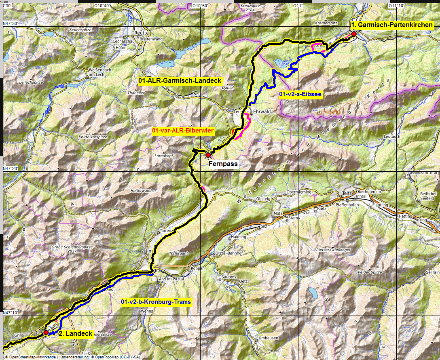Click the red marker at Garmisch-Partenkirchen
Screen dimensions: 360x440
[x=354, y=34]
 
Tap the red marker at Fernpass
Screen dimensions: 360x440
[x=208, y=155]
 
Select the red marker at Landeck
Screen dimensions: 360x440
[x=46, y=332]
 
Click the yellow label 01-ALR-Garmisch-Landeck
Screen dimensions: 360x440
[x=180, y=81]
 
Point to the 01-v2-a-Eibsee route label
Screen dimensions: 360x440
[x=300, y=95]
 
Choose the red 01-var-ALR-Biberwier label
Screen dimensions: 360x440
[x=183, y=131]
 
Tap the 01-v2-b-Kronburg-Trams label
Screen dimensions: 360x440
[x=156, y=301]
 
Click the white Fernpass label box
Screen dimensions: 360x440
[x=223, y=164]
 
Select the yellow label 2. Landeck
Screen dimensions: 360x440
[x=76, y=334]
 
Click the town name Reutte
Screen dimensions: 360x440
[x=142, y=33]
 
